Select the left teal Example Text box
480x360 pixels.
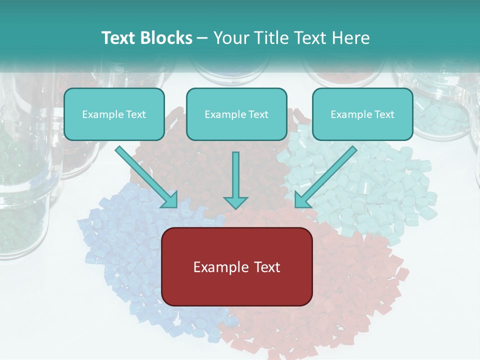pos(114,114)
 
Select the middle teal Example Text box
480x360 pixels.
pos(236,114)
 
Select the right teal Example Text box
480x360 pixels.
pos(362,114)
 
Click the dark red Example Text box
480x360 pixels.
pos(237,266)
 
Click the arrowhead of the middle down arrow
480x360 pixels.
pos(235,202)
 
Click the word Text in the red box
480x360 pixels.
pos(267,267)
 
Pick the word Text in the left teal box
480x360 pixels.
pos(136,114)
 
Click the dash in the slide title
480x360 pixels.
pos(202,38)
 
